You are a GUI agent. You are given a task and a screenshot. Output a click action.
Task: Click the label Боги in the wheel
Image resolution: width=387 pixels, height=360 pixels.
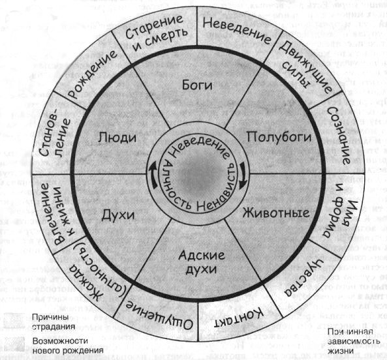(x=197, y=85)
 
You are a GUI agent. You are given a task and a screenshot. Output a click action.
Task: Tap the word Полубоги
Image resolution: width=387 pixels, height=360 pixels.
(x=279, y=137)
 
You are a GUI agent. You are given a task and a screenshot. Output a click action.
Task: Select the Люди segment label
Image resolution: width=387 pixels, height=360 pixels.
(x=117, y=137)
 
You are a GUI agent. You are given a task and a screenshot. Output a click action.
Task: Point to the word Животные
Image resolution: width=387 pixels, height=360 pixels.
(x=275, y=213)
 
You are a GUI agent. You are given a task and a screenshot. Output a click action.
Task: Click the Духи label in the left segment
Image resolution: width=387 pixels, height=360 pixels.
(x=118, y=215)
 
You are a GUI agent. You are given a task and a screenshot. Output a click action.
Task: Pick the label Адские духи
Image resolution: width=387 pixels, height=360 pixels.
(x=201, y=262)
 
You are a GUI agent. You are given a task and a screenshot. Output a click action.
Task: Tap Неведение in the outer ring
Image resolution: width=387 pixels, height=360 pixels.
(x=236, y=30)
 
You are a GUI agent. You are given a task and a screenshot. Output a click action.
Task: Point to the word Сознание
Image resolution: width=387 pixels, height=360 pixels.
(x=339, y=136)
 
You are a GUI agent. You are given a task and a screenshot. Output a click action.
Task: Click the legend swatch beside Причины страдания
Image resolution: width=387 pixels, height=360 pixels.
(x=14, y=321)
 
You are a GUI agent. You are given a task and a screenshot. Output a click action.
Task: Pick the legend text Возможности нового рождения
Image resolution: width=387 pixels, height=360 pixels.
(x=68, y=345)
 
